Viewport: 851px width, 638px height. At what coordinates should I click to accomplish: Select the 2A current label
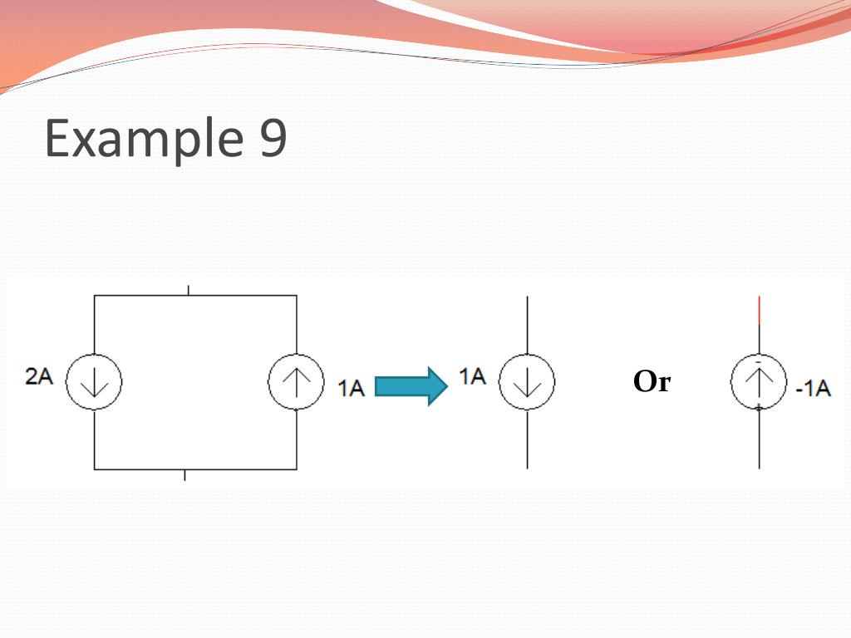[39, 377]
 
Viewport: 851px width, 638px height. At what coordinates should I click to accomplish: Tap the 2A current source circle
[94, 382]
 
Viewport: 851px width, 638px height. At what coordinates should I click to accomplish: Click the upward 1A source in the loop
[296, 382]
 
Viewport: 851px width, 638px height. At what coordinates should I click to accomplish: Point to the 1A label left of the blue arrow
[352, 387]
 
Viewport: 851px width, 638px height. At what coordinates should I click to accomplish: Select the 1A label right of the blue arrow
[472, 377]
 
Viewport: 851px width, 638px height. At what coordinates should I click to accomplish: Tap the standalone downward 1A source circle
[527, 382]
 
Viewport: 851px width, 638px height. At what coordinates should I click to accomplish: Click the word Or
[652, 382]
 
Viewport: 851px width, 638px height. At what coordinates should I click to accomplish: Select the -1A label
[812, 388]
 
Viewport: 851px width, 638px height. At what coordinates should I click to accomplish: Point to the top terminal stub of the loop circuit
[189, 290]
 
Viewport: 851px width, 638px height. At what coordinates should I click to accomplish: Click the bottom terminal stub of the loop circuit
[184, 474]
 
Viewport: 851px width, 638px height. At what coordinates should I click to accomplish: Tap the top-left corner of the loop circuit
[95, 295]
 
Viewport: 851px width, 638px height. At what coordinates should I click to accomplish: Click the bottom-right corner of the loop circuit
[296, 469]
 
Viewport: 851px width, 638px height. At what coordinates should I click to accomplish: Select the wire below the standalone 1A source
[527, 439]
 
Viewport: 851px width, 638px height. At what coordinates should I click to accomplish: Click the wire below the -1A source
[759, 439]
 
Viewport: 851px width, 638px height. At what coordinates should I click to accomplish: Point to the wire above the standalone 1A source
[527, 325]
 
